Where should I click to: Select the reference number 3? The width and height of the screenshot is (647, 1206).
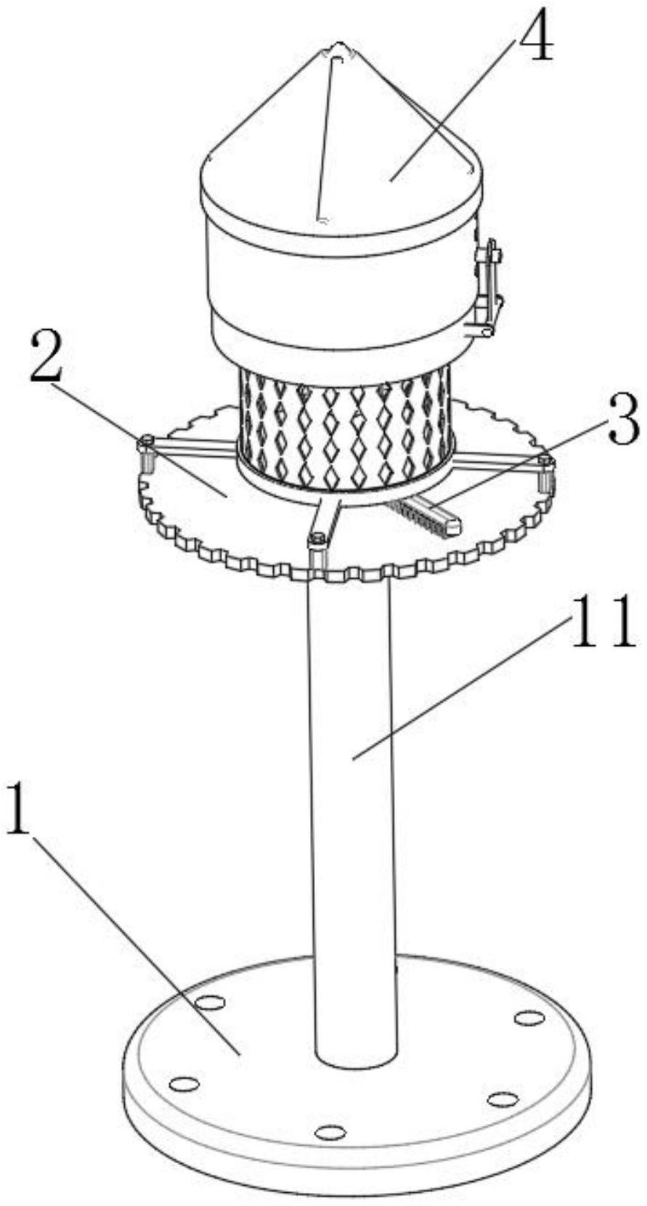click(622, 422)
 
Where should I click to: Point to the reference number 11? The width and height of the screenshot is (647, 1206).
click(602, 624)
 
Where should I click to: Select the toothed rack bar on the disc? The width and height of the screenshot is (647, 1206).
click(426, 517)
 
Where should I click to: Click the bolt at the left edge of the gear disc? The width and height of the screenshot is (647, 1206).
click(145, 440)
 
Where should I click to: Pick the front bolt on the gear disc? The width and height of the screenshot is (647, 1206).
click(317, 540)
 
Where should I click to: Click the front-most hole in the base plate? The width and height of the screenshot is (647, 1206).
click(330, 1132)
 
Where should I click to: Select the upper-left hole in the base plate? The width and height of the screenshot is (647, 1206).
click(211, 1003)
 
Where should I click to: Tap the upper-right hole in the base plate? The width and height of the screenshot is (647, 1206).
click(529, 1017)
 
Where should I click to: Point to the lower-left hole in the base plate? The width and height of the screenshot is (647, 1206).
click(184, 1085)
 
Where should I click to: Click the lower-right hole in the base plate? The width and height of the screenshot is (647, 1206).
click(502, 1098)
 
